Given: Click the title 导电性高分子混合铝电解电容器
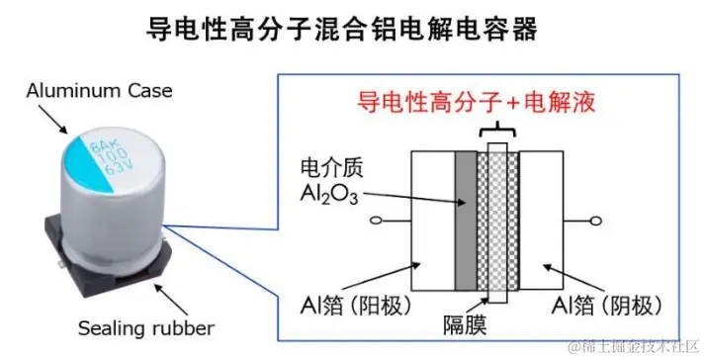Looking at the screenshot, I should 352,30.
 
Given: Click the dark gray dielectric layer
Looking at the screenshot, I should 464,222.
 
